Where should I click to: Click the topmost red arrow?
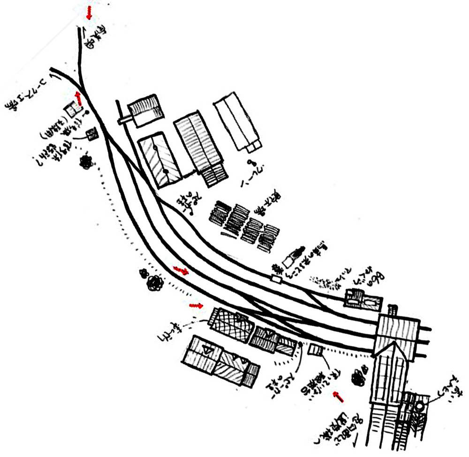pos(89,13)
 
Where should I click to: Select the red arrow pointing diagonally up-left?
pos(338,397)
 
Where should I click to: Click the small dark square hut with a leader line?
pos(93,135)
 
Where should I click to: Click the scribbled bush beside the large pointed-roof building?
pos(360,376)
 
